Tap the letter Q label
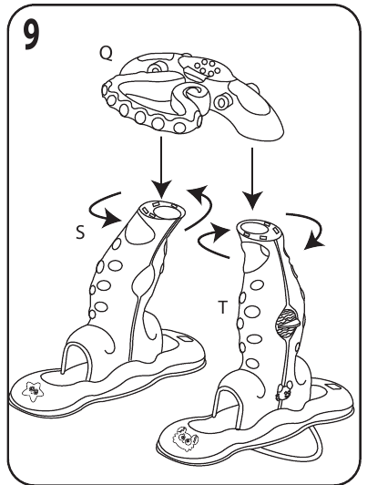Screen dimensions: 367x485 click(x=106, y=54)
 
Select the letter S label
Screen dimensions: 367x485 click(x=80, y=232)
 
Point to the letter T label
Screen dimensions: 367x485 click(x=223, y=307)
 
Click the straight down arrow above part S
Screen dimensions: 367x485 click(x=160, y=167)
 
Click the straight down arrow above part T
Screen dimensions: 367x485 click(x=252, y=179)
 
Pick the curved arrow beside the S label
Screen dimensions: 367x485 click(x=105, y=211)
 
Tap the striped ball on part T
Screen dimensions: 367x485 click(x=287, y=324)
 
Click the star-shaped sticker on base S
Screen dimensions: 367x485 click(x=33, y=391)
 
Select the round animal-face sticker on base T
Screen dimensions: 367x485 click(x=185, y=438)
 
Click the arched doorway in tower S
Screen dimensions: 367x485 click(x=76, y=361)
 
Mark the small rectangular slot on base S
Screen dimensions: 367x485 click(x=185, y=339)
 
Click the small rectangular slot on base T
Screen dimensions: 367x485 click(x=332, y=387)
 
